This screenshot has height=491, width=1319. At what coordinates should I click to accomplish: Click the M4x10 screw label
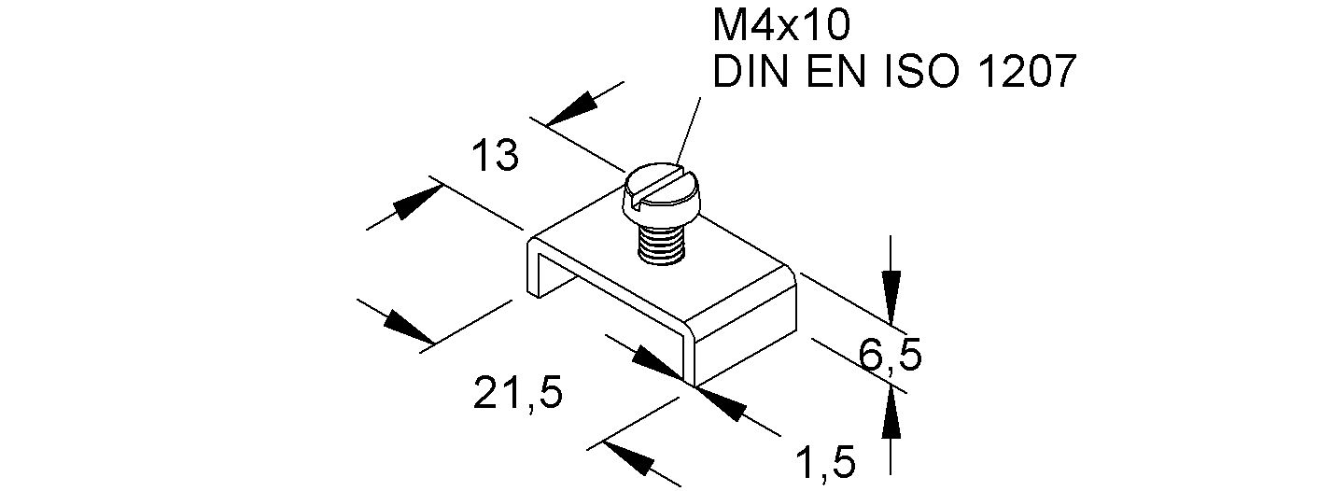click(x=781, y=27)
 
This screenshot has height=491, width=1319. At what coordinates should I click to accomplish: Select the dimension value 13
click(x=494, y=156)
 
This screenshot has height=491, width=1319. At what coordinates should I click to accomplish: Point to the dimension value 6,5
click(x=890, y=355)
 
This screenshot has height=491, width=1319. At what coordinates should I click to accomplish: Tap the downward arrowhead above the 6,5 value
click(x=891, y=280)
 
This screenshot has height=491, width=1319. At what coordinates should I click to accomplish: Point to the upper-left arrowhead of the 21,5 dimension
click(x=405, y=326)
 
